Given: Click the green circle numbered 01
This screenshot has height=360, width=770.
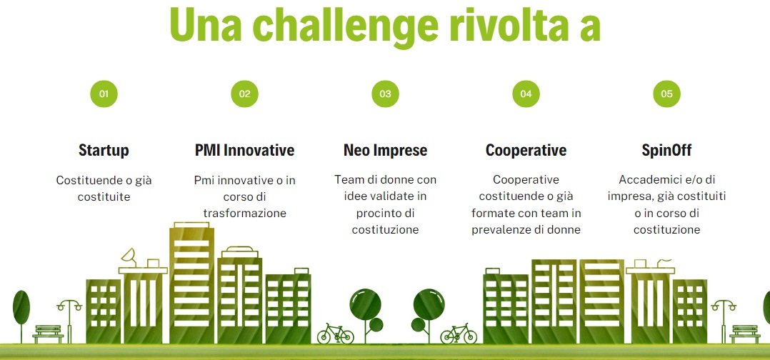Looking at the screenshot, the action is click(x=104, y=94).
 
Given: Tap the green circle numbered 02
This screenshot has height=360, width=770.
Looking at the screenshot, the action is click(x=244, y=94).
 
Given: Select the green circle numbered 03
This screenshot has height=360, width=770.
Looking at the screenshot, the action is click(x=386, y=94).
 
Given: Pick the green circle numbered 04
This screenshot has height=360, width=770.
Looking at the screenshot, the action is click(x=526, y=94).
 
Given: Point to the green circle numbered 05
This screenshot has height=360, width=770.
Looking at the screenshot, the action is click(x=667, y=94).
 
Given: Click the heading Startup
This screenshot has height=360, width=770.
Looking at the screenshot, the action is click(x=104, y=150).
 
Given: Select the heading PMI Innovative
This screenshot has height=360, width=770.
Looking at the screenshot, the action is click(x=244, y=150).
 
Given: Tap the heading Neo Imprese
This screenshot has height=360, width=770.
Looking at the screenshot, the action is click(x=386, y=150).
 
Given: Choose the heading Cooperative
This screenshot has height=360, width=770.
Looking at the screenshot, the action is click(x=526, y=150).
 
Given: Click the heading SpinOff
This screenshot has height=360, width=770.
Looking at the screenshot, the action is click(x=667, y=150).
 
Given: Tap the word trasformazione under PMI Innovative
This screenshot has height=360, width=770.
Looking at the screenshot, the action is click(x=244, y=214).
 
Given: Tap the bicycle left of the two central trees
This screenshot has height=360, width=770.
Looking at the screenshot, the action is click(x=336, y=334).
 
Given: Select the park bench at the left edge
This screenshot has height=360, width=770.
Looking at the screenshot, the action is click(x=48, y=334).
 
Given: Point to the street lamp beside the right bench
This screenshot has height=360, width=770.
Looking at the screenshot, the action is click(x=724, y=321).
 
